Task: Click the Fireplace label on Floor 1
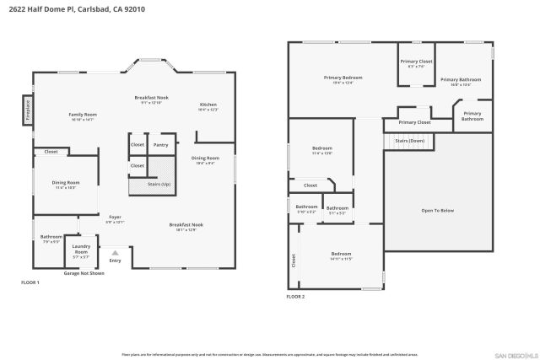(27, 112)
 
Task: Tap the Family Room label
(83, 116)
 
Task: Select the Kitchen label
(208, 106)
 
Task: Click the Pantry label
(160, 145)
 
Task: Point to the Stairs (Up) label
(159, 184)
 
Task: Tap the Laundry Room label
(81, 250)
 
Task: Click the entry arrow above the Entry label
(115, 252)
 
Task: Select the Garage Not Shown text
(84, 273)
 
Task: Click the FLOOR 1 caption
(30, 282)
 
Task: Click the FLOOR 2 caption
(295, 297)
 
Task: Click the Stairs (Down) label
(409, 141)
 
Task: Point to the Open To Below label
(437, 210)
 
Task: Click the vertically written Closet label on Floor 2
(294, 261)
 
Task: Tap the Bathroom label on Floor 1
(51, 239)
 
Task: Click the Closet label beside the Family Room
(51, 152)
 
